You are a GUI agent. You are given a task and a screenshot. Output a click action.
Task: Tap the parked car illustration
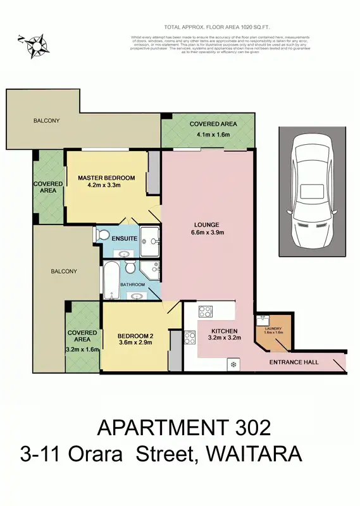click(312, 191)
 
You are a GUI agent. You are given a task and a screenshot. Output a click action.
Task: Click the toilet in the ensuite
click(104, 236)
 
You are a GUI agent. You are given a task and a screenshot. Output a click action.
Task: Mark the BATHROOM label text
click(133, 285)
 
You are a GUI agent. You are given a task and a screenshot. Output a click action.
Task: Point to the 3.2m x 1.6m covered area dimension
click(82, 349)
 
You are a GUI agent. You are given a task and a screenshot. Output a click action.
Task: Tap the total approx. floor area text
click(209, 27)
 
